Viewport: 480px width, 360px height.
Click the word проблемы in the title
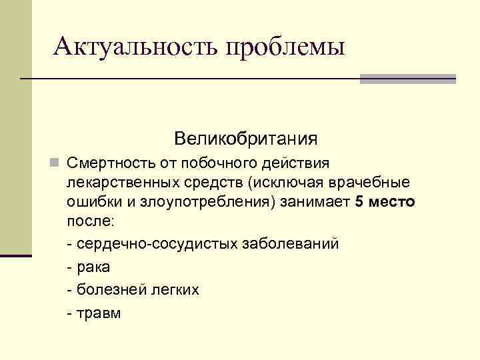[286, 48]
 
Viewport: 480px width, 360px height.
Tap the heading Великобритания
[245, 139]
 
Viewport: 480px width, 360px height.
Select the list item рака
[93, 268]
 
